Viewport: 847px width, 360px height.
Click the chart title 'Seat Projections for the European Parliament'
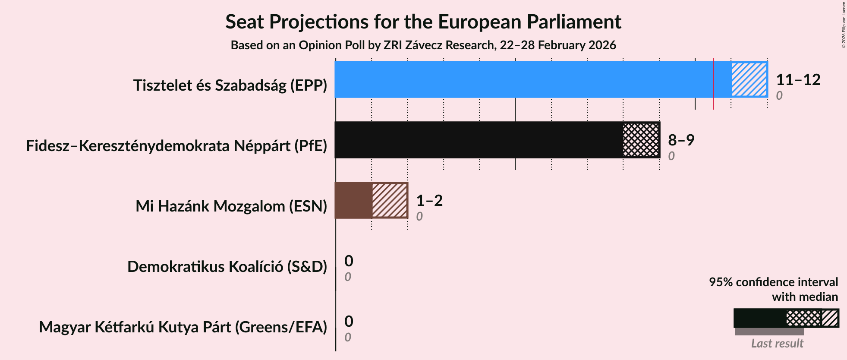pos(423,22)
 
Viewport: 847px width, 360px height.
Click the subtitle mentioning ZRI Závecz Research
pos(423,45)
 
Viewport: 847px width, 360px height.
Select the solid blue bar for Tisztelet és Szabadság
pos(522,79)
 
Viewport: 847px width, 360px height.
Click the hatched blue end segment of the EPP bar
pos(749,79)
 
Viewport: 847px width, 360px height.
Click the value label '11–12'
pos(798,80)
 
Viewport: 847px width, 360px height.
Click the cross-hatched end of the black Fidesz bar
pos(641,140)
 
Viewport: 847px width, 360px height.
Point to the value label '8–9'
pos(681,140)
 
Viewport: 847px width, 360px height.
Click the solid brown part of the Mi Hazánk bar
pos(353,200)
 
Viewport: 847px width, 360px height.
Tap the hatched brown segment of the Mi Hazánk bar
pos(390,200)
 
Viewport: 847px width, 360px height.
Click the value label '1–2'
pos(429,201)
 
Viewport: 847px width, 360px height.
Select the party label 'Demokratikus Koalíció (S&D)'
pos(227,267)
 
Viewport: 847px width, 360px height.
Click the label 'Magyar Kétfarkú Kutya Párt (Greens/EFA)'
pos(183,327)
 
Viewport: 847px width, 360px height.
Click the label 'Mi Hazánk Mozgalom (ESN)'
pos(231,206)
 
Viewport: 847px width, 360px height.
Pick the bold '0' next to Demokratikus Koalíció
pos(349,261)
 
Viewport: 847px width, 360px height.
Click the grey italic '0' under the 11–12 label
pos(779,95)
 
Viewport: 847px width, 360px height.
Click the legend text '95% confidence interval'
pos(773,282)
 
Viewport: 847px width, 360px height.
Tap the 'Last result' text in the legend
pos(777,344)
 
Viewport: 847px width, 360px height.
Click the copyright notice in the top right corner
pos(844,25)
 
